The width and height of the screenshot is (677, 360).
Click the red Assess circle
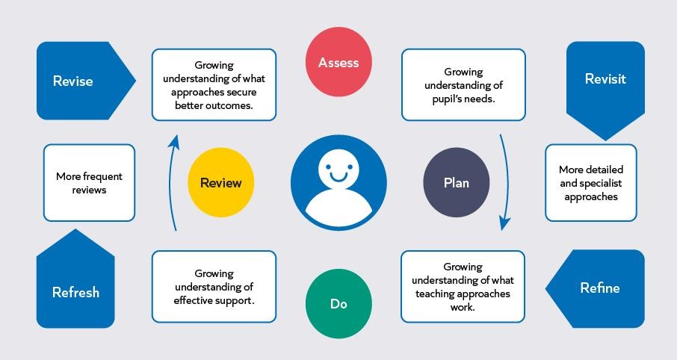[x=338, y=62]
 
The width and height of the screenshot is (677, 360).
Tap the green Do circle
[x=338, y=303]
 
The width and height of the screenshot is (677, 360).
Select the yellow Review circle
[x=220, y=182]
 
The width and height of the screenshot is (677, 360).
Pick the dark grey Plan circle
[x=457, y=182]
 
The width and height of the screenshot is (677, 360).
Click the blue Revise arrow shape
[x=82, y=81]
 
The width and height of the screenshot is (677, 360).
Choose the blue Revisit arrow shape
[x=605, y=87]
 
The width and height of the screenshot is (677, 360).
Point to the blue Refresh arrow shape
[x=75, y=283]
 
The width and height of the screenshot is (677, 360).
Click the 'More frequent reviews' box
[x=90, y=182]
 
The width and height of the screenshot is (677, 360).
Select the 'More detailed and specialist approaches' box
[x=590, y=182]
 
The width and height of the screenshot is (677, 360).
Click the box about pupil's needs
[x=463, y=84]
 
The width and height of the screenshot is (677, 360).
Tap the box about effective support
[x=214, y=287]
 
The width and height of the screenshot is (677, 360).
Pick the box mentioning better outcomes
[x=214, y=84]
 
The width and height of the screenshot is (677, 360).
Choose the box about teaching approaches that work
[x=463, y=287]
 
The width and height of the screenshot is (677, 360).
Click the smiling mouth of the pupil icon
[x=338, y=177]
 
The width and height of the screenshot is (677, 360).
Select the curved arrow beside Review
[x=170, y=181]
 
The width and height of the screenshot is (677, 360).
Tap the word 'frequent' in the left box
[x=103, y=176]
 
